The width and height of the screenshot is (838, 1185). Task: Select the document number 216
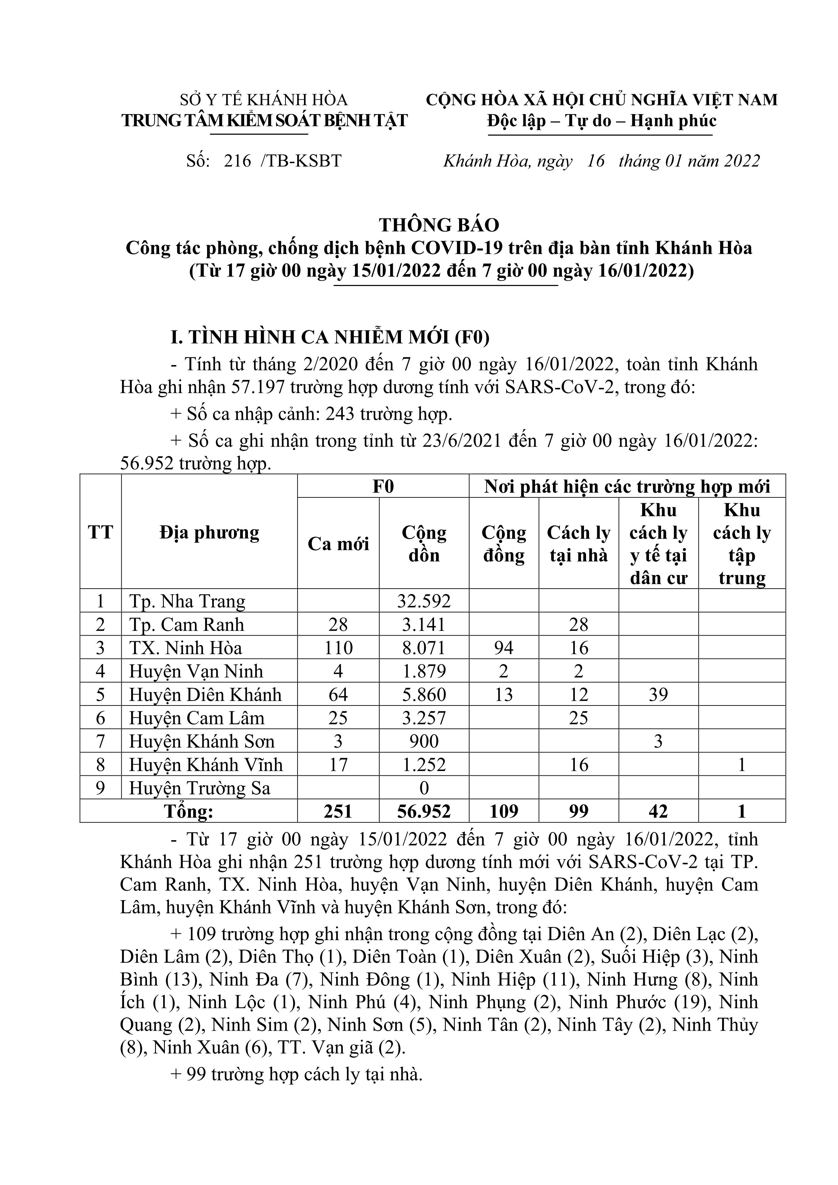[237, 161]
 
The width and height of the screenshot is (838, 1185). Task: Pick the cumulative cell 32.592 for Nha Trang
[424, 601]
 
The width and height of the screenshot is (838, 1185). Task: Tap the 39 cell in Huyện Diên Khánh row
[658, 695]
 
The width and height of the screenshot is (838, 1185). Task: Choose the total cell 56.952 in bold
[424, 812]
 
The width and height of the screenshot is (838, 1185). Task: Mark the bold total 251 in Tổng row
[338, 812]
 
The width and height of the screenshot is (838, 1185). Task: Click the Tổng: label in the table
[188, 812]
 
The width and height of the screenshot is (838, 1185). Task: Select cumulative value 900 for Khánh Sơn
[424, 742]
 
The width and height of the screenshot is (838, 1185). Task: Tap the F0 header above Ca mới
[383, 487]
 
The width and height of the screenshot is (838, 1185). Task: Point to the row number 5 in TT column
[100, 695]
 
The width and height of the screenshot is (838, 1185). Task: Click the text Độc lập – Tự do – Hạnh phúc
[602, 121]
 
